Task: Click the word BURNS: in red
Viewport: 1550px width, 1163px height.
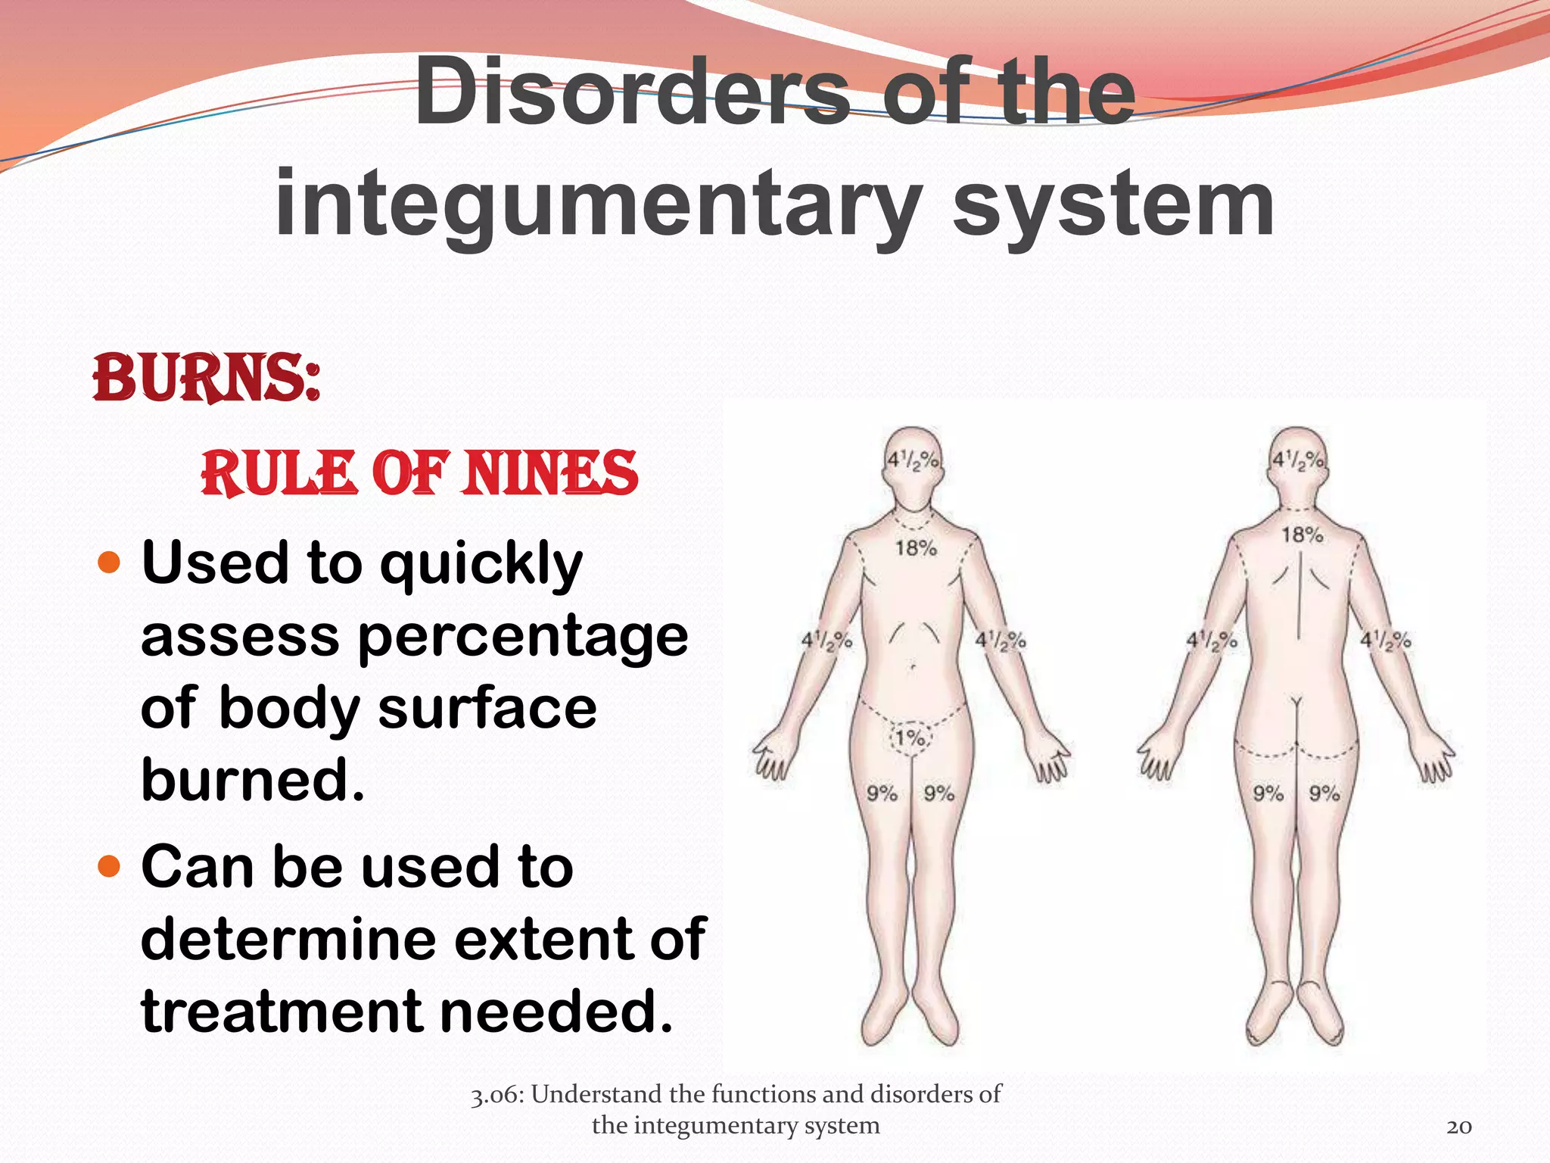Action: click(206, 379)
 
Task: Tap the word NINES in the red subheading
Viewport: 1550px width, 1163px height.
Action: click(552, 474)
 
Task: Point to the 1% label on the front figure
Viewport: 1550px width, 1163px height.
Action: click(910, 737)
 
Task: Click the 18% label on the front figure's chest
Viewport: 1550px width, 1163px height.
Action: click(916, 547)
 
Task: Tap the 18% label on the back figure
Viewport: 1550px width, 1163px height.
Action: click(1302, 535)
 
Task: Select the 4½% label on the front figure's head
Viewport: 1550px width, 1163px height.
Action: click(913, 460)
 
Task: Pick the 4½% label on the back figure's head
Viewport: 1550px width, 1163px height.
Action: click(1298, 460)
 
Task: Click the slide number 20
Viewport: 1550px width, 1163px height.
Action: click(1459, 1127)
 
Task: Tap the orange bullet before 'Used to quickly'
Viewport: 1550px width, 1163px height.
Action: click(110, 563)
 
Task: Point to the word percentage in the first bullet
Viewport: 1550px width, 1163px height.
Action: click(522, 638)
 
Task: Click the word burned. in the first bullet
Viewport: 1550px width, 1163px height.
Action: click(253, 780)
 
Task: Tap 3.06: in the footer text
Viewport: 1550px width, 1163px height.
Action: click(496, 1095)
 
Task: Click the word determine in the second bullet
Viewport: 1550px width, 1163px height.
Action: click(288, 939)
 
